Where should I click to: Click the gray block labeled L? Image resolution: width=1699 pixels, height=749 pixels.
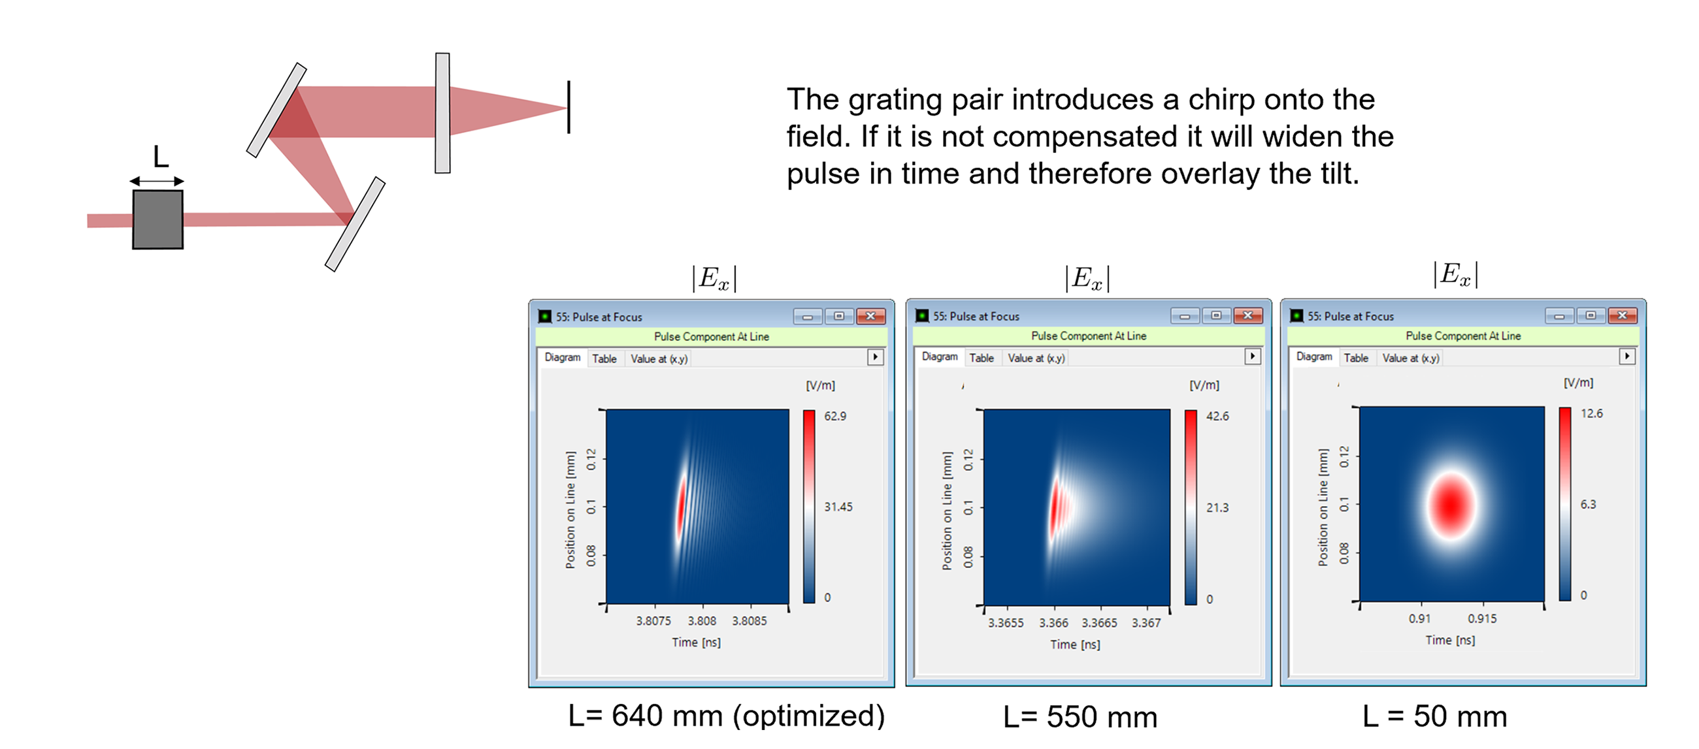tap(157, 219)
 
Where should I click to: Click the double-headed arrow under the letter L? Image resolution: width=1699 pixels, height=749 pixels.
tap(156, 181)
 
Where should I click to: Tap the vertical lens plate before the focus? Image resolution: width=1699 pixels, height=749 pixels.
tap(442, 113)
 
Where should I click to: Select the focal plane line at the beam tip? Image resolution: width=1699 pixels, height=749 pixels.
tap(569, 107)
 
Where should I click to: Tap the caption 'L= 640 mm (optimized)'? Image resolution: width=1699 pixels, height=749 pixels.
tap(726, 716)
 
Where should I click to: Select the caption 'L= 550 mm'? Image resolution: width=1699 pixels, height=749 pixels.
tap(1080, 717)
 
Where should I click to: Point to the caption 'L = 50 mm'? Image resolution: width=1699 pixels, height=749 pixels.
tap(1434, 716)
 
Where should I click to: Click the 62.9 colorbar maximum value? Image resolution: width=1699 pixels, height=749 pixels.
tap(835, 416)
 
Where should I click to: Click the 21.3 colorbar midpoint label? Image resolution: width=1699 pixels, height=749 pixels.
tap(1217, 507)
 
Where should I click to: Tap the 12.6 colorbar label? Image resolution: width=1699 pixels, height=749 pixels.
tap(1591, 413)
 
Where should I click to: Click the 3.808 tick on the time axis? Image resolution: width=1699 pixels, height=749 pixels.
tap(702, 621)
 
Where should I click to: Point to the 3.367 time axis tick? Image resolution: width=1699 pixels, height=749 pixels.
tap(1146, 623)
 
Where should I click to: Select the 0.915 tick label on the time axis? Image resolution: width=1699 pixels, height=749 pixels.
tap(1482, 619)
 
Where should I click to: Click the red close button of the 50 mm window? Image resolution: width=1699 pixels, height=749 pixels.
tap(1622, 316)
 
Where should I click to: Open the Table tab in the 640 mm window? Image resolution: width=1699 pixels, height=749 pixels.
tap(604, 359)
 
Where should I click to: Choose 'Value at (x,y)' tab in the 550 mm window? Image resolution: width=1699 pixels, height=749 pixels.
tap(1036, 358)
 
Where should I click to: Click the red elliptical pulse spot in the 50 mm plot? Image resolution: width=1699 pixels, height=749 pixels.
tap(1451, 505)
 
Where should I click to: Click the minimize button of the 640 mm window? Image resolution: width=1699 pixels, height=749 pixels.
tap(807, 317)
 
